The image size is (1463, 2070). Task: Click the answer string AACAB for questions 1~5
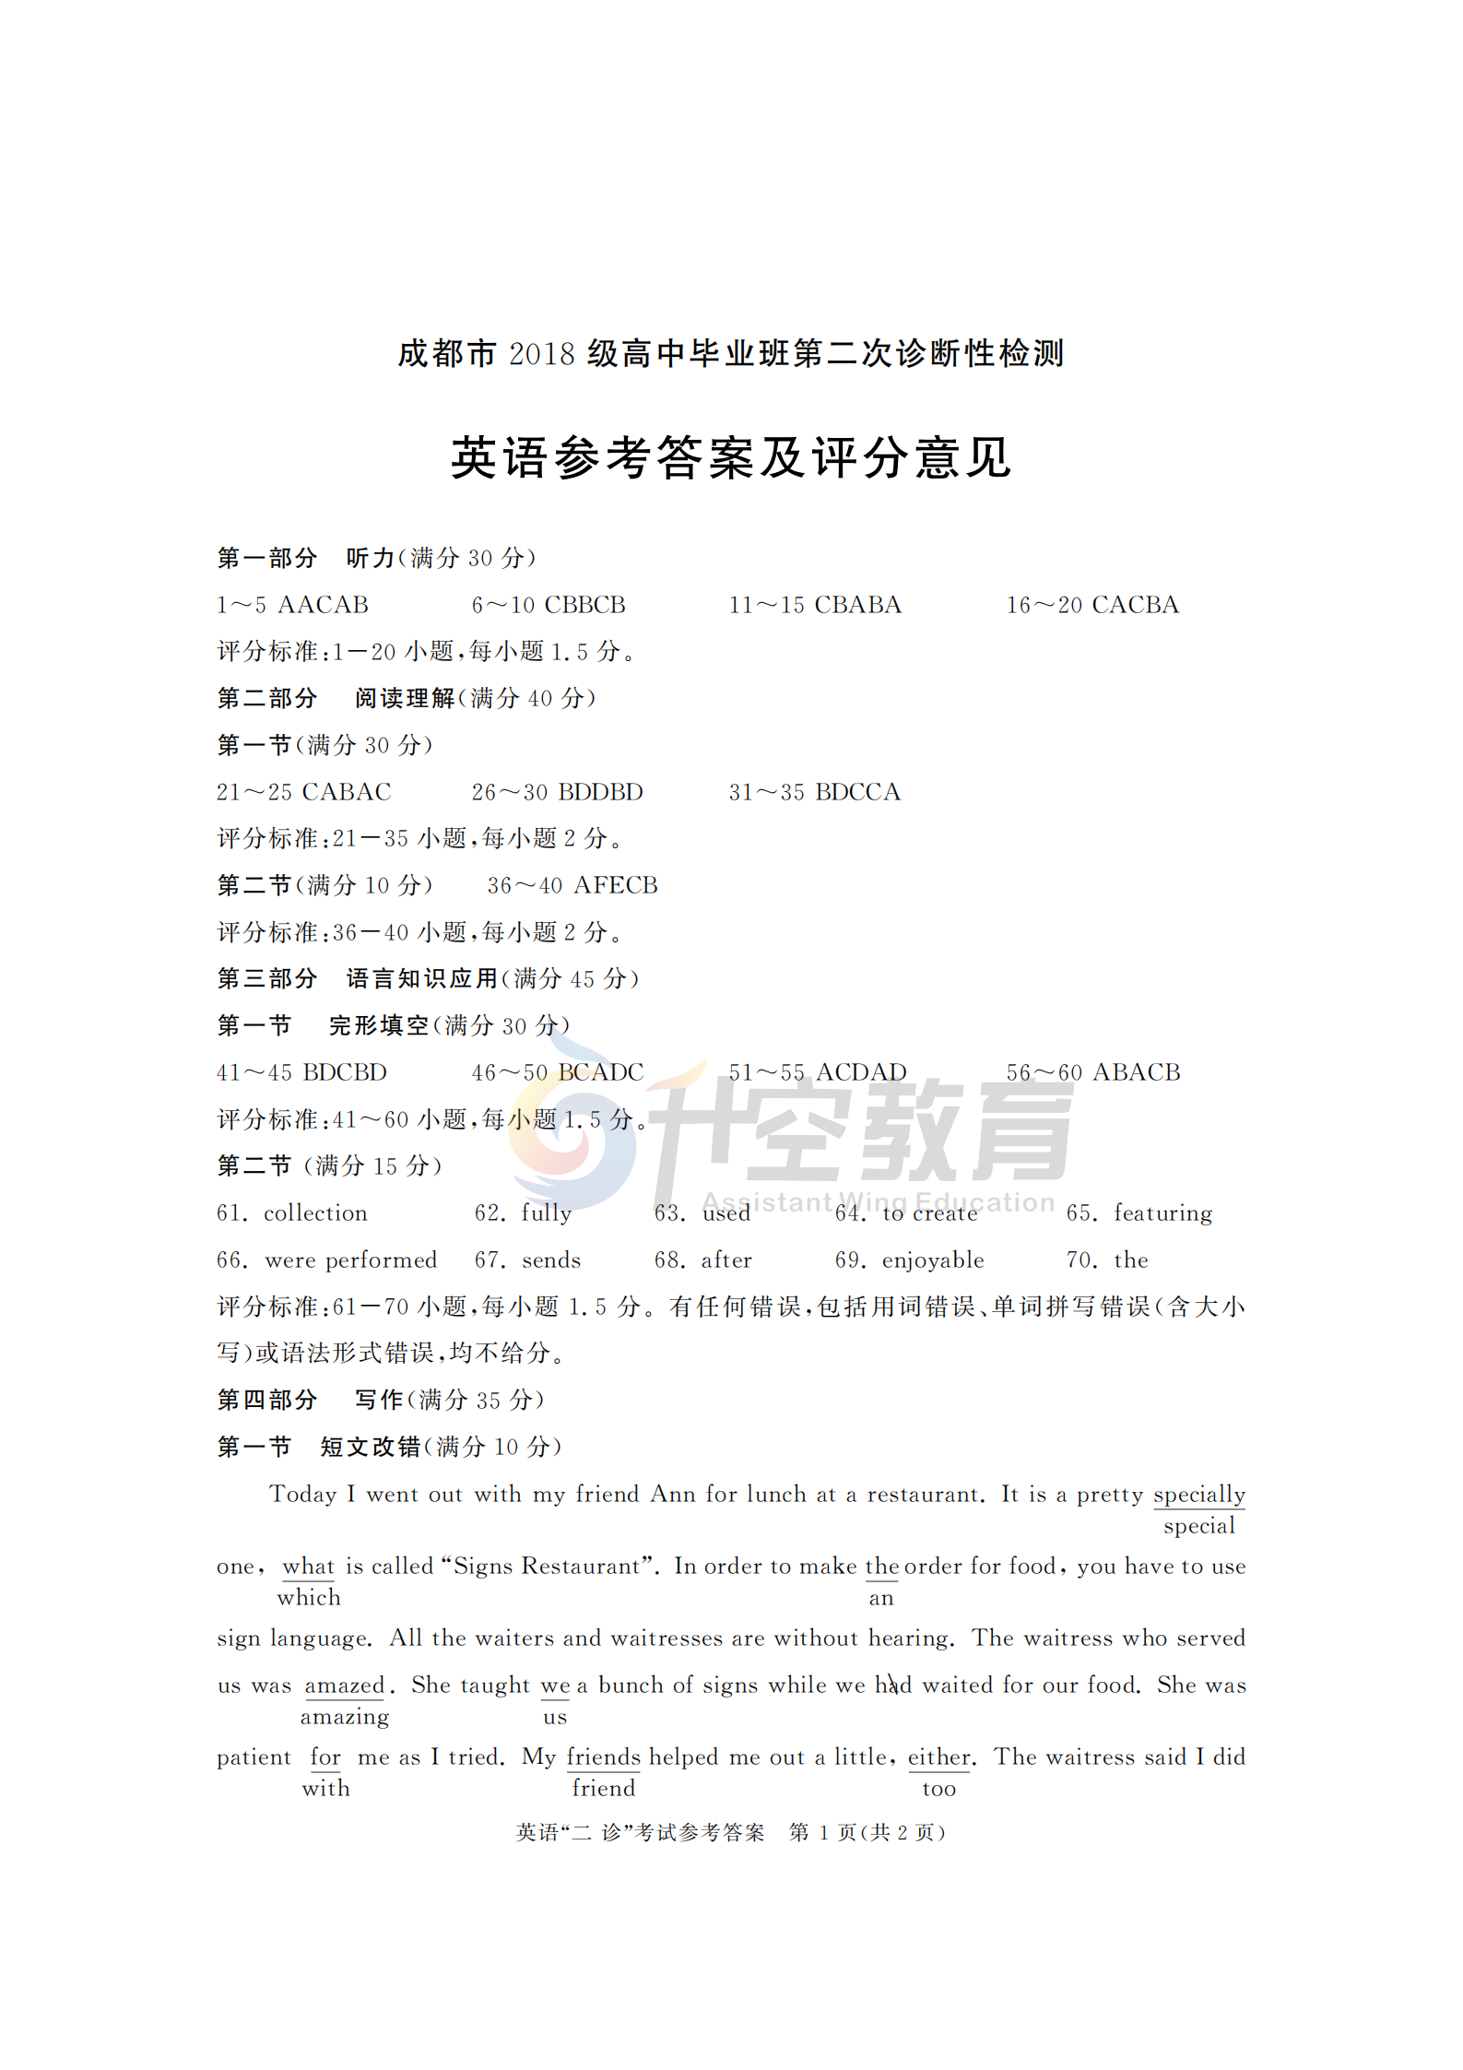coord(323,605)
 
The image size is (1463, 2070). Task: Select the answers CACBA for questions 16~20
coord(1135,605)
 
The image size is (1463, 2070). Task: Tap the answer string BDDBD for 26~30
coord(600,792)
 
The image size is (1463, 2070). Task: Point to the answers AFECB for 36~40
coord(615,885)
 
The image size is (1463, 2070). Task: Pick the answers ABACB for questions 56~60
coord(1136,1072)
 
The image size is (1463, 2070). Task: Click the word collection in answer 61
coord(315,1213)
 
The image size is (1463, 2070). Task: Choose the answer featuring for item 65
coord(1162,1213)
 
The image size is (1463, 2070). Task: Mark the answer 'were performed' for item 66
coord(350,1260)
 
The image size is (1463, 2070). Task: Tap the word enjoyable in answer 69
coord(933,1260)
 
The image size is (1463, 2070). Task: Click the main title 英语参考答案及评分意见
coord(731,458)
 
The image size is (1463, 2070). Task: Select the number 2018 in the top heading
coord(541,354)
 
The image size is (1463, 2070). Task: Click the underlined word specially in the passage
coord(1198,1495)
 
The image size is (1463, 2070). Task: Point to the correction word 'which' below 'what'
coord(309,1598)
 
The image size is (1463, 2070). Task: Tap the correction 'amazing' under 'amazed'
coord(345,1717)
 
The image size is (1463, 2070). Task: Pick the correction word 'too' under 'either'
coord(938,1789)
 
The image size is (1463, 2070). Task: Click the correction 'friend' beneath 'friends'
coord(604,1789)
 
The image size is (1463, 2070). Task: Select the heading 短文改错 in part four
coord(371,1447)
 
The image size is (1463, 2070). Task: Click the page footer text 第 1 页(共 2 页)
coord(867,1833)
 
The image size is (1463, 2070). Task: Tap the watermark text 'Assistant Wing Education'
coord(878,1202)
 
